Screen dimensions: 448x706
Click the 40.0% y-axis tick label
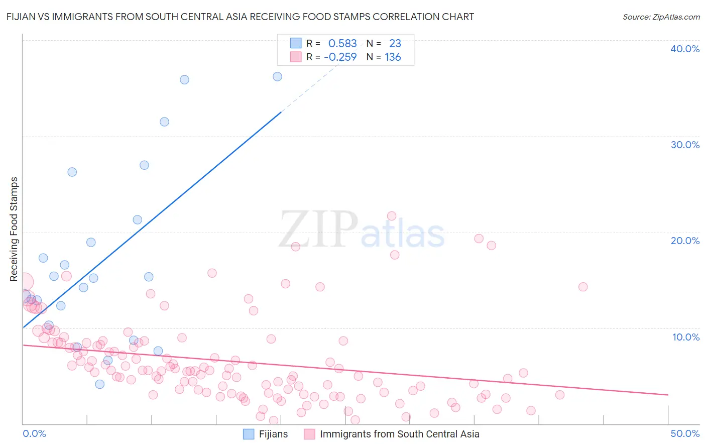click(x=684, y=49)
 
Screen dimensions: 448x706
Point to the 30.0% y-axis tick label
click(x=684, y=145)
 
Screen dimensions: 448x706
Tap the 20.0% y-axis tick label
click(x=684, y=241)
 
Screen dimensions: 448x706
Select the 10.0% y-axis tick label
click(x=685, y=337)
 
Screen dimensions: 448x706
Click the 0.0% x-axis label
click(x=34, y=433)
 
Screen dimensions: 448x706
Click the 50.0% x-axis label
click(x=684, y=433)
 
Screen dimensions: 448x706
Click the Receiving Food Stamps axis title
click(x=14, y=229)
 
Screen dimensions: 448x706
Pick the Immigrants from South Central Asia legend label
click(x=399, y=434)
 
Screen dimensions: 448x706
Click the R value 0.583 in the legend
click(x=342, y=44)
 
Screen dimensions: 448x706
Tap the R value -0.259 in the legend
click(x=340, y=57)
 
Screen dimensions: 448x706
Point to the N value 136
click(x=393, y=57)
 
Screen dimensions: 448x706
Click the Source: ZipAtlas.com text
click(x=661, y=17)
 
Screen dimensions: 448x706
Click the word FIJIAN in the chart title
click(x=23, y=17)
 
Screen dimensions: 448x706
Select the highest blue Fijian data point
click(x=277, y=76)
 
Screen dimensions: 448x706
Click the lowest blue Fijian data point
click(x=99, y=384)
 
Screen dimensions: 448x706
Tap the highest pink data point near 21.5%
click(x=392, y=216)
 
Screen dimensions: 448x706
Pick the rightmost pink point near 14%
click(x=583, y=287)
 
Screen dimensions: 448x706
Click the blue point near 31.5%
click(x=164, y=122)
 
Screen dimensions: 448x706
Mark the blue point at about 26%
click(x=72, y=172)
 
